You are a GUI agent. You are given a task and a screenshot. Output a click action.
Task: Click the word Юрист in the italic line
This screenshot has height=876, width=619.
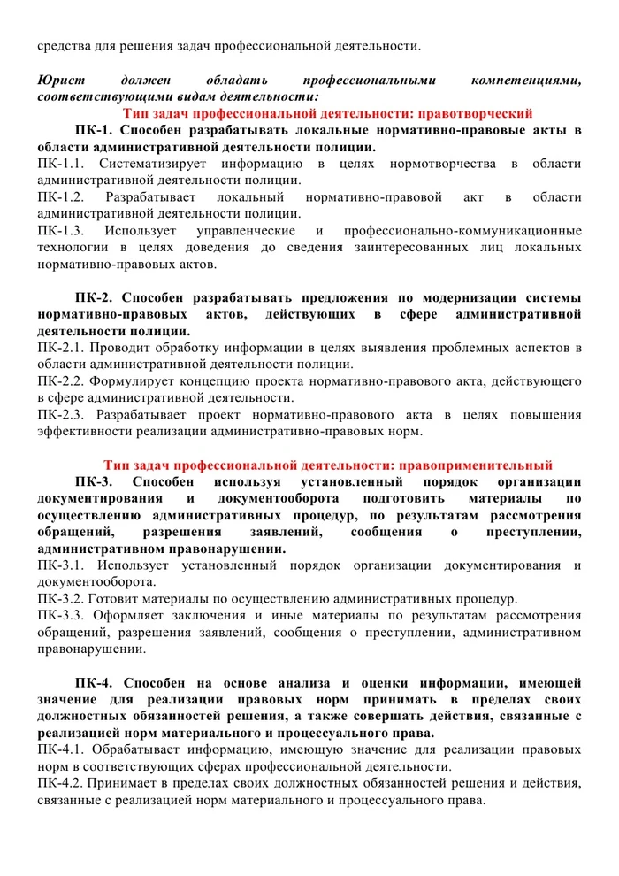pyautogui.click(x=57, y=81)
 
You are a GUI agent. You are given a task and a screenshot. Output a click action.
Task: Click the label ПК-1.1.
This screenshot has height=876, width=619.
pyautogui.click(x=61, y=164)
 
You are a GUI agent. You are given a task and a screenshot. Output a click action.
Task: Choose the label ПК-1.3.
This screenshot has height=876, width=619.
pyautogui.click(x=61, y=230)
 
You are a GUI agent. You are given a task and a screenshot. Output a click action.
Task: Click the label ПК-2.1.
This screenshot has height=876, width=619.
pyautogui.click(x=61, y=348)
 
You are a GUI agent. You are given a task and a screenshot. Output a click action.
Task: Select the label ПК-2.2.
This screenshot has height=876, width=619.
pyautogui.click(x=61, y=381)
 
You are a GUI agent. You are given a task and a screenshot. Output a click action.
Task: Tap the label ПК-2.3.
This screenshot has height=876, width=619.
pyautogui.click(x=61, y=414)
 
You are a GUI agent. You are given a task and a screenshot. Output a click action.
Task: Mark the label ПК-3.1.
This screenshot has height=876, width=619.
pyautogui.click(x=61, y=565)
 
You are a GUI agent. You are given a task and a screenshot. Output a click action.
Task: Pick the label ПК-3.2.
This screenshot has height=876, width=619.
pyautogui.click(x=61, y=598)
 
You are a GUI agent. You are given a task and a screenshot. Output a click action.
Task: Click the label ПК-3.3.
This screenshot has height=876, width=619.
pyautogui.click(x=61, y=615)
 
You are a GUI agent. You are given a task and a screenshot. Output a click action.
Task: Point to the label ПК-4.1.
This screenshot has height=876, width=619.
pyautogui.click(x=61, y=749)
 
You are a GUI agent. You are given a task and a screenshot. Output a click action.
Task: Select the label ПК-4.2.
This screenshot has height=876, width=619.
pyautogui.click(x=61, y=783)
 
